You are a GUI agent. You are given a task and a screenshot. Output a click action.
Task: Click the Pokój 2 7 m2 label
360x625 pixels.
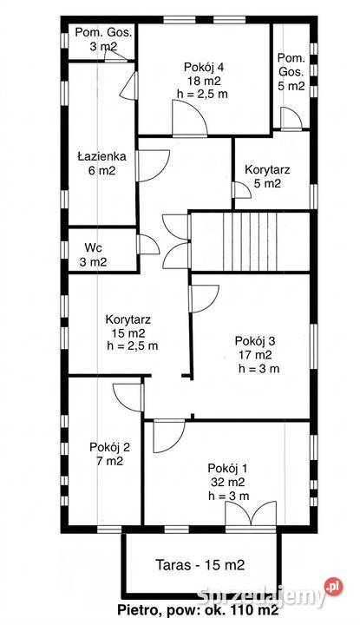110,455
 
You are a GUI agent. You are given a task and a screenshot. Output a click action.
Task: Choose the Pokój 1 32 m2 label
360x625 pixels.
230,481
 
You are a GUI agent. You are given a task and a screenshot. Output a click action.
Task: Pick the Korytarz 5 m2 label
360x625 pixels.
273,176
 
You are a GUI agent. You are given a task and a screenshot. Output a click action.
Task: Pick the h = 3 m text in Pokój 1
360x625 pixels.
230,496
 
